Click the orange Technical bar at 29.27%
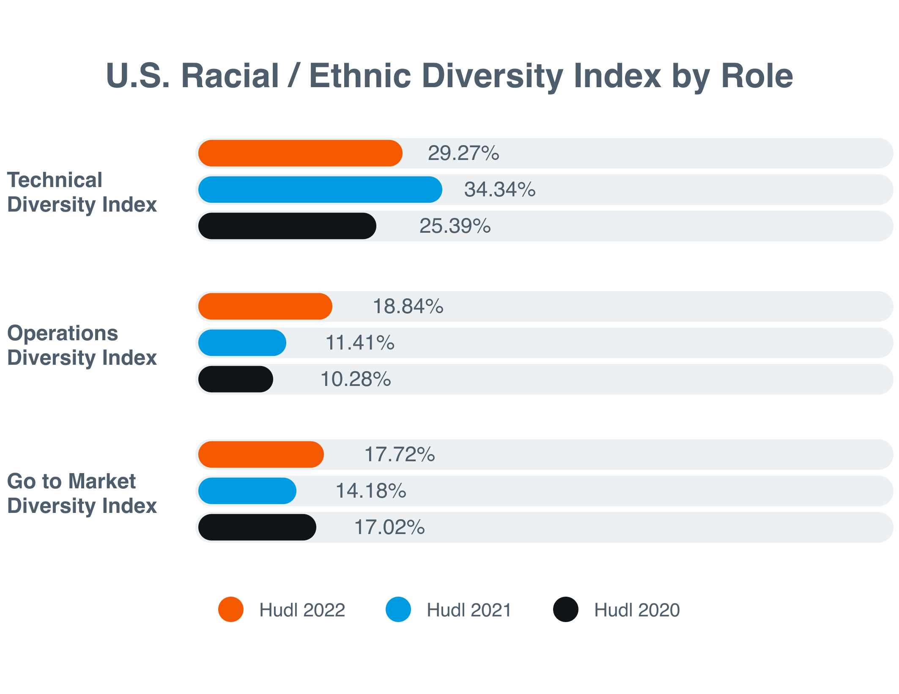pyautogui.click(x=300, y=153)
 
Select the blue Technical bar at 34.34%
pyautogui.click(x=320, y=190)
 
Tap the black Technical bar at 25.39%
pyautogui.click(x=287, y=226)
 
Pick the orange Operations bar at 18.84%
pyautogui.click(x=265, y=306)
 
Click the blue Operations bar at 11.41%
pyautogui.click(x=242, y=343)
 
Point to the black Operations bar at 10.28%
pyautogui.click(x=236, y=379)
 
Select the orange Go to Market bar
pyautogui.click(x=261, y=454)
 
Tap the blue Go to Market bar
pyautogui.click(x=247, y=491)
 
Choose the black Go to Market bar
pyautogui.click(x=257, y=527)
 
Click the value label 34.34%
pyautogui.click(x=500, y=190)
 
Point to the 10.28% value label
pyautogui.click(x=356, y=379)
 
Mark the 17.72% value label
pyautogui.click(x=400, y=454)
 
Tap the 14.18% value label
pyautogui.click(x=371, y=491)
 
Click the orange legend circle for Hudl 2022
pyautogui.click(x=231, y=609)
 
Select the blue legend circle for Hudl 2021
pyautogui.click(x=398, y=609)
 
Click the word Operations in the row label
pyautogui.click(x=63, y=333)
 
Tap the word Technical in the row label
pyautogui.click(x=55, y=180)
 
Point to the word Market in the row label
pyautogui.click(x=102, y=482)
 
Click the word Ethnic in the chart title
pyautogui.click(x=360, y=76)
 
